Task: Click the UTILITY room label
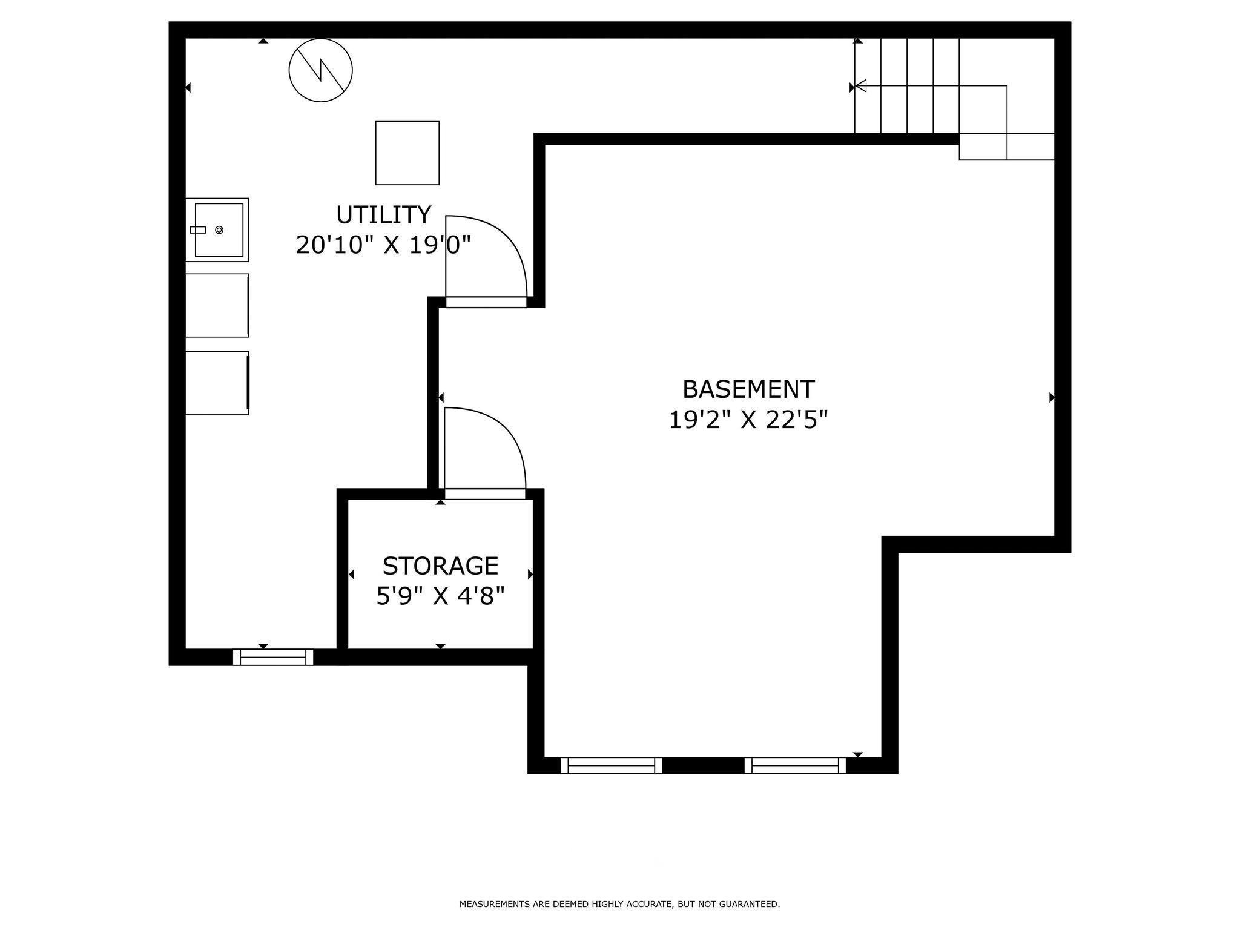tap(383, 215)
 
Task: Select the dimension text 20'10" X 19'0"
tap(383, 245)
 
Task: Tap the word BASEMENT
tap(748, 389)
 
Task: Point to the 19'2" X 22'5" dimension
tap(748, 420)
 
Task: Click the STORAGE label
tap(440, 566)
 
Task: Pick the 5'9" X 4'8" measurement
tap(440, 596)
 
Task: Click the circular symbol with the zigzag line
tap(320, 70)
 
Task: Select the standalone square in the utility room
tap(407, 153)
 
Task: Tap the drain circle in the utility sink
tap(219, 229)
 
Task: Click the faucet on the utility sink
tap(198, 229)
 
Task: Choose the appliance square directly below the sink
tap(217, 305)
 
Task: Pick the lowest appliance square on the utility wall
tap(217, 383)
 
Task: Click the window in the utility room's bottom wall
tap(273, 657)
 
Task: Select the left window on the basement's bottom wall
tap(611, 765)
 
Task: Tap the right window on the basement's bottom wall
tap(794, 765)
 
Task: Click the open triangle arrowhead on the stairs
tap(861, 86)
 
